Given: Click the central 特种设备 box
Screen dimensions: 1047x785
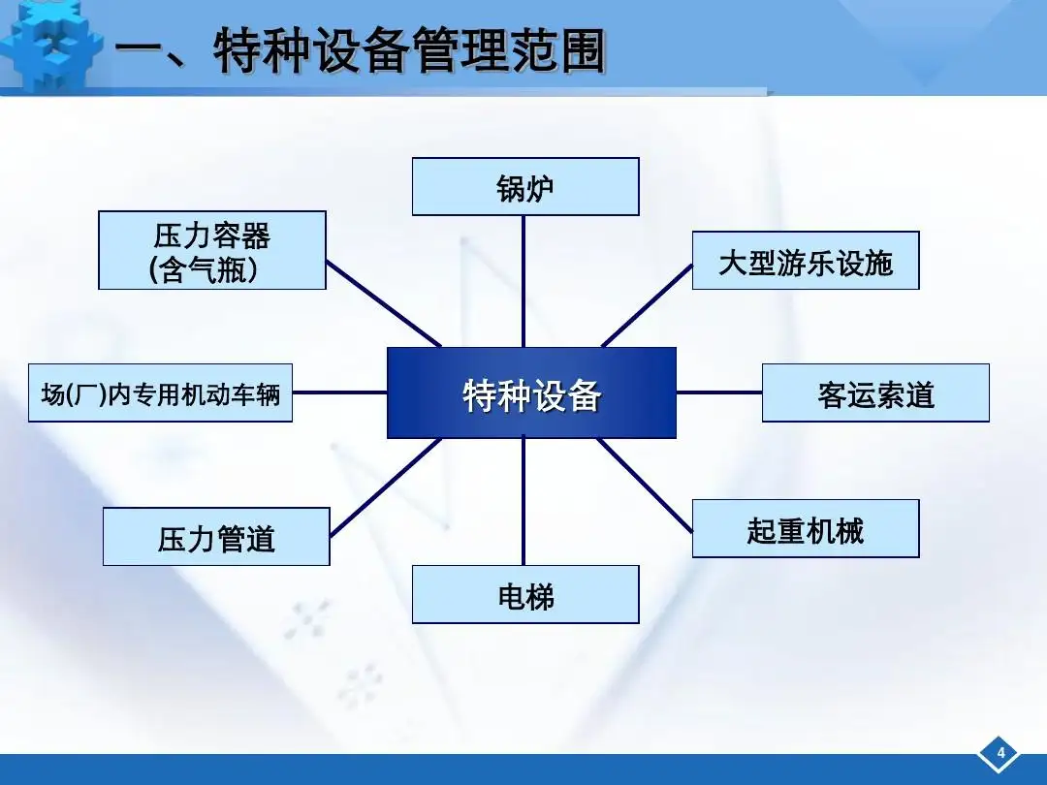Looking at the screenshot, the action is click(531, 392).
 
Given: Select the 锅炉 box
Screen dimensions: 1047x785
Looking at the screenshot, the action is click(525, 186).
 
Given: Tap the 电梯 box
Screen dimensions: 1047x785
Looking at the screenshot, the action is click(525, 594).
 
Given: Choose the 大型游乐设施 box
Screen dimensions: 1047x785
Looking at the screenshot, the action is click(806, 261).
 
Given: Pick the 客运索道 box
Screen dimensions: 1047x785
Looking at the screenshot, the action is click(875, 392).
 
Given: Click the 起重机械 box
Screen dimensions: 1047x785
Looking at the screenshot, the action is click(806, 528).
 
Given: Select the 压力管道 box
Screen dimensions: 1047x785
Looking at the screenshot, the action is click(216, 537).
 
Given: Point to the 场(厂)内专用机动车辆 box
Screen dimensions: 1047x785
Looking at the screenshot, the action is click(160, 392).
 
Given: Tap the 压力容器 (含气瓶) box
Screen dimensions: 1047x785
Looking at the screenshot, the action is click(212, 250).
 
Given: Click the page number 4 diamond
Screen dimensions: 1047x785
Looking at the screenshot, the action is click(999, 753).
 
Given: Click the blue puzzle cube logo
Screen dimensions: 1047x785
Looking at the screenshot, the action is click(52, 46).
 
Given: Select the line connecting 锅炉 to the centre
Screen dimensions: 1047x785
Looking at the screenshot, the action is click(523, 281).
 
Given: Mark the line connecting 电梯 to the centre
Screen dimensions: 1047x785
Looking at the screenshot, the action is click(523, 502).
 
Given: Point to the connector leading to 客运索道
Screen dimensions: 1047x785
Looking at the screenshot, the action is click(719, 392).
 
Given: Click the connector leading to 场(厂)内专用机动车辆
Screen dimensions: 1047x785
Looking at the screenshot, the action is click(340, 392).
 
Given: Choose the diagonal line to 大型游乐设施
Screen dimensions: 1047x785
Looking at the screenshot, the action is click(647, 305).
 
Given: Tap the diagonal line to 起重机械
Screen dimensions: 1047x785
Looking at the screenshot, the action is click(645, 486).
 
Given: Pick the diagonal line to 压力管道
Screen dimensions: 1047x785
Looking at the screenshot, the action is click(385, 487).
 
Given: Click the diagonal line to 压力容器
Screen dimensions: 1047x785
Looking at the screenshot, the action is click(383, 303).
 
